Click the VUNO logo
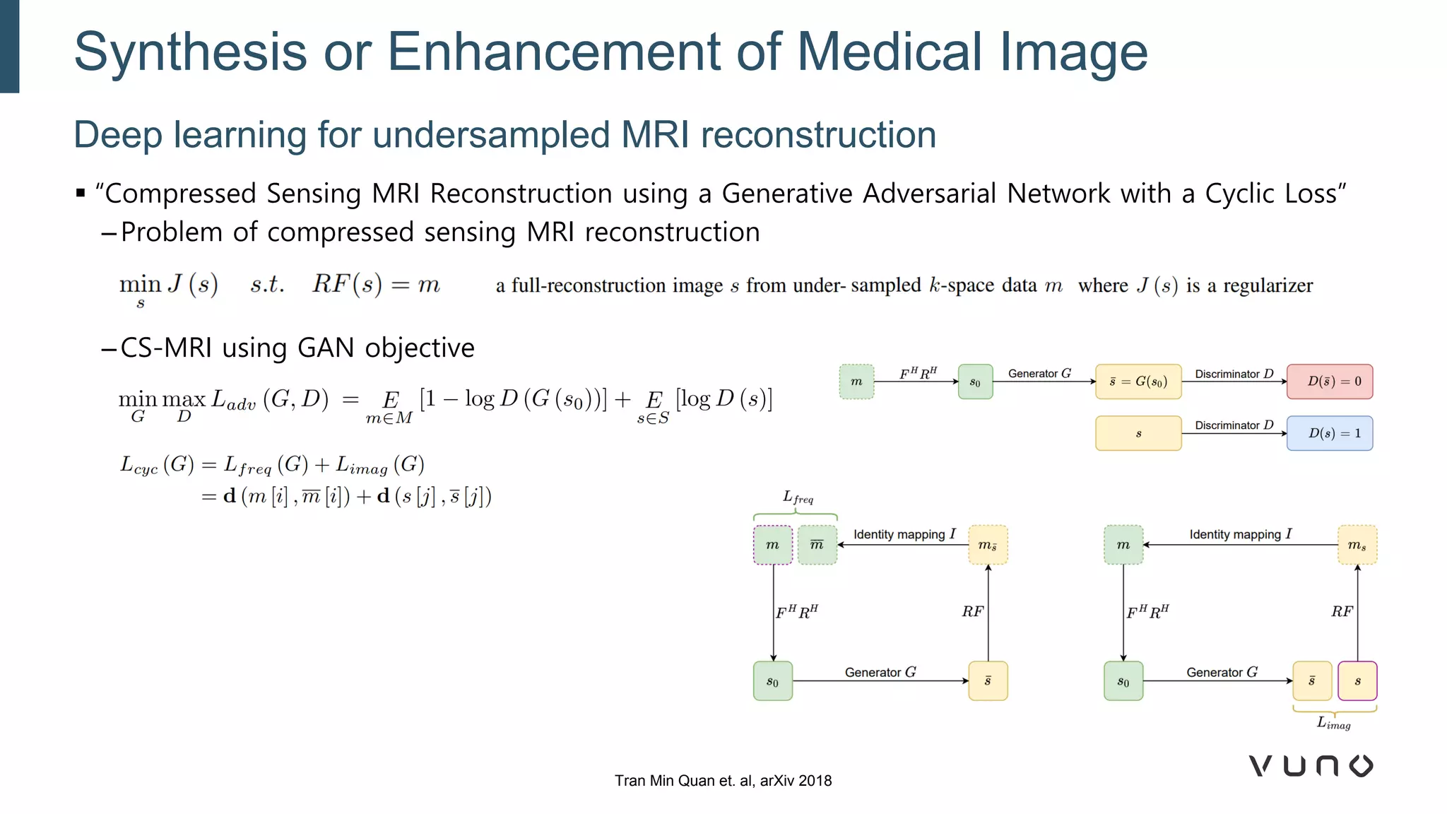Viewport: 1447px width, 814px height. coord(1311,766)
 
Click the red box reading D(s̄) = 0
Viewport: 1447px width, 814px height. coord(1329,382)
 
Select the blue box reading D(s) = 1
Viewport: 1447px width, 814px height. coord(1329,433)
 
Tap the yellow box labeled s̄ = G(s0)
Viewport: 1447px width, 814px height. coord(1138,382)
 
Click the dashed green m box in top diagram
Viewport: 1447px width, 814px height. coord(856,382)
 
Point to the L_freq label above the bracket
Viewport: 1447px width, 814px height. coord(798,497)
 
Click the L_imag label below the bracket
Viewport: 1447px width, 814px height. coord(1333,723)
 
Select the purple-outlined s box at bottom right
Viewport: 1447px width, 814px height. coord(1357,681)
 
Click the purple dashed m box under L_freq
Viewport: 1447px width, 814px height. coord(772,545)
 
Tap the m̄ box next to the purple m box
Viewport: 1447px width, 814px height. coord(817,545)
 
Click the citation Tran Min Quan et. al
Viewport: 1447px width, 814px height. coord(723,781)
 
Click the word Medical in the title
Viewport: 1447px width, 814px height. coord(888,52)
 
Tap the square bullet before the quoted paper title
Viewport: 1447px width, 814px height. coord(81,193)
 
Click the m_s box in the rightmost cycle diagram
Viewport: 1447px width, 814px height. coord(1357,545)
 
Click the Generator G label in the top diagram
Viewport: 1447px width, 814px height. coord(1039,373)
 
